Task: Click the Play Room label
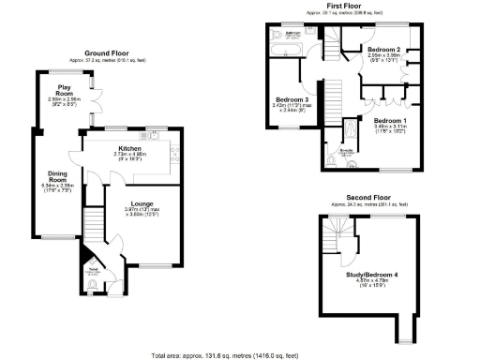[x=64, y=91]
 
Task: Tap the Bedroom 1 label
[x=390, y=121]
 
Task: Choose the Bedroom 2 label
[x=383, y=49]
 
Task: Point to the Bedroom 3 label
[x=291, y=99]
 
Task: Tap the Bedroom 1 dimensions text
[x=390, y=131]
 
